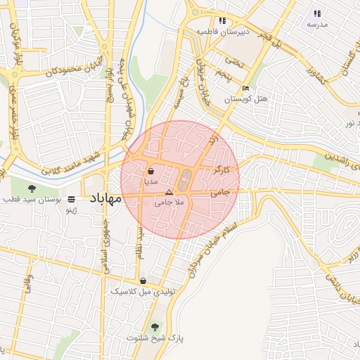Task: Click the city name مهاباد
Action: tap(105, 198)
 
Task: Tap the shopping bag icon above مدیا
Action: tap(150, 171)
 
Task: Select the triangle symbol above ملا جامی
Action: tap(168, 192)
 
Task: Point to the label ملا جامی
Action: tap(169, 202)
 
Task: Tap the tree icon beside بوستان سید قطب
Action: tap(32, 188)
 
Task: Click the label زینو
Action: tap(70, 210)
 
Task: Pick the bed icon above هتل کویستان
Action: tap(245, 89)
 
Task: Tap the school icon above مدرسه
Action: tap(317, 13)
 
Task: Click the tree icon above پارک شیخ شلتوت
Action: tap(155, 327)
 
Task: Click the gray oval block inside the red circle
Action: tap(184, 181)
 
